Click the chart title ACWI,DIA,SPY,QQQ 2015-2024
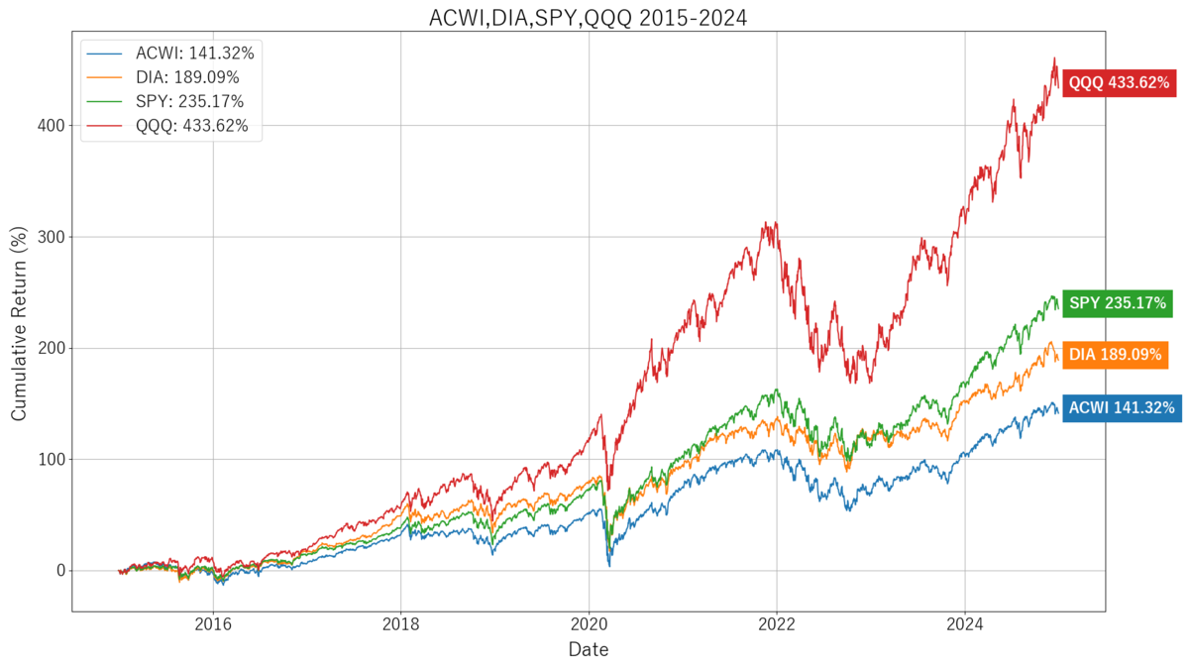pyautogui.click(x=588, y=17)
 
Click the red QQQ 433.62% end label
pyautogui.click(x=1117, y=83)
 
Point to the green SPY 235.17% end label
pyautogui.click(x=1117, y=304)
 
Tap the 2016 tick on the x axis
pyautogui.click(x=213, y=624)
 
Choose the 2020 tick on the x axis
pyautogui.click(x=589, y=624)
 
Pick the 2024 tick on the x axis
pyautogui.click(x=964, y=624)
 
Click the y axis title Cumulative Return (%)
pyautogui.click(x=19, y=323)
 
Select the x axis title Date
pyautogui.click(x=588, y=650)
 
